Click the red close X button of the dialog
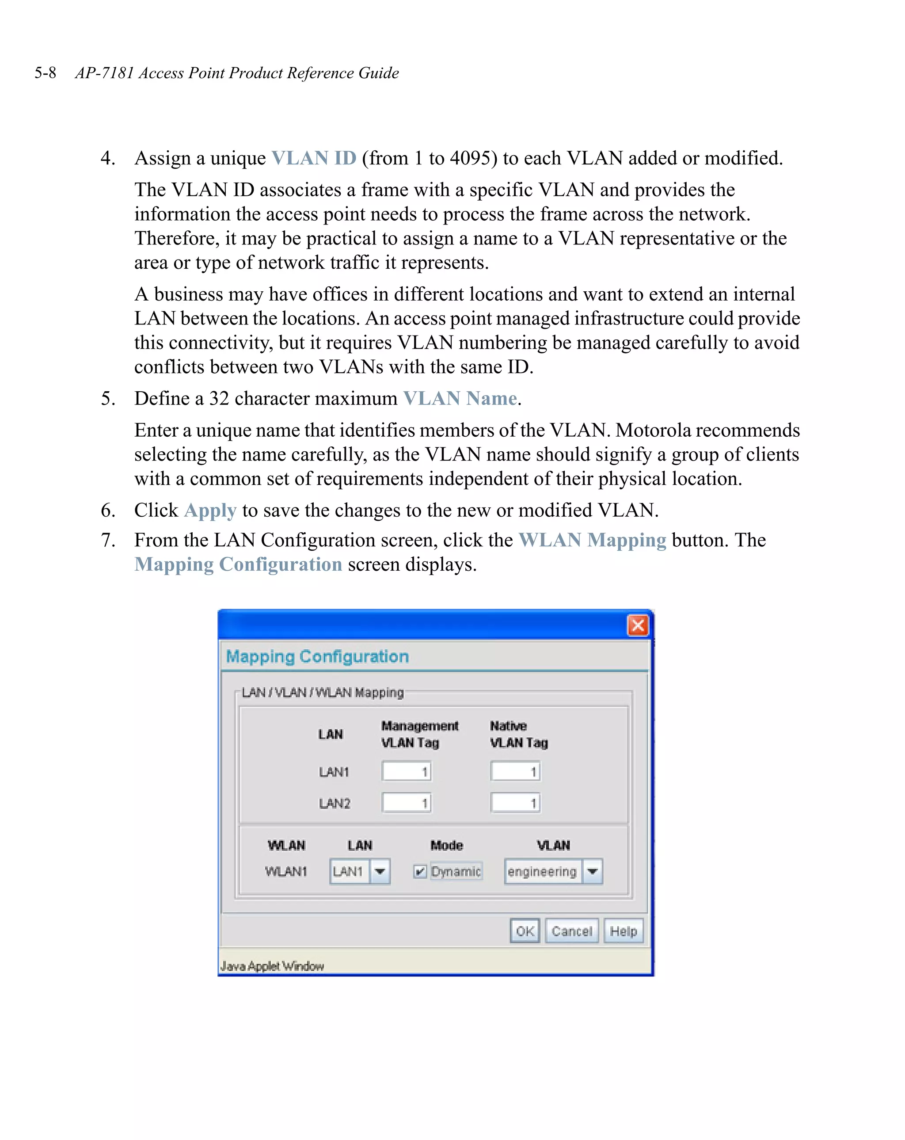pos(638,625)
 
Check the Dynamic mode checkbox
pos(420,871)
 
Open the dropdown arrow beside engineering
pos(592,871)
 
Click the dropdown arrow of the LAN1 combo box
pos(380,871)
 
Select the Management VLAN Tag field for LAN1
pos(406,771)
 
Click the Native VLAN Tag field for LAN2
pos(515,803)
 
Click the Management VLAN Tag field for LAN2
pos(406,803)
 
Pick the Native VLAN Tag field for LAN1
pos(515,771)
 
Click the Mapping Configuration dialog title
pos(317,656)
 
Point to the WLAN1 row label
pos(285,871)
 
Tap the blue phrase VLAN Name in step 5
pos(460,398)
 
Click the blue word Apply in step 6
pos(210,510)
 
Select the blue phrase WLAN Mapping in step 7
pos(592,540)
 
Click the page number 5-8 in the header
pos(46,73)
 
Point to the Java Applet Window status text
pos(272,966)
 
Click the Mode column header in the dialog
pos(446,845)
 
